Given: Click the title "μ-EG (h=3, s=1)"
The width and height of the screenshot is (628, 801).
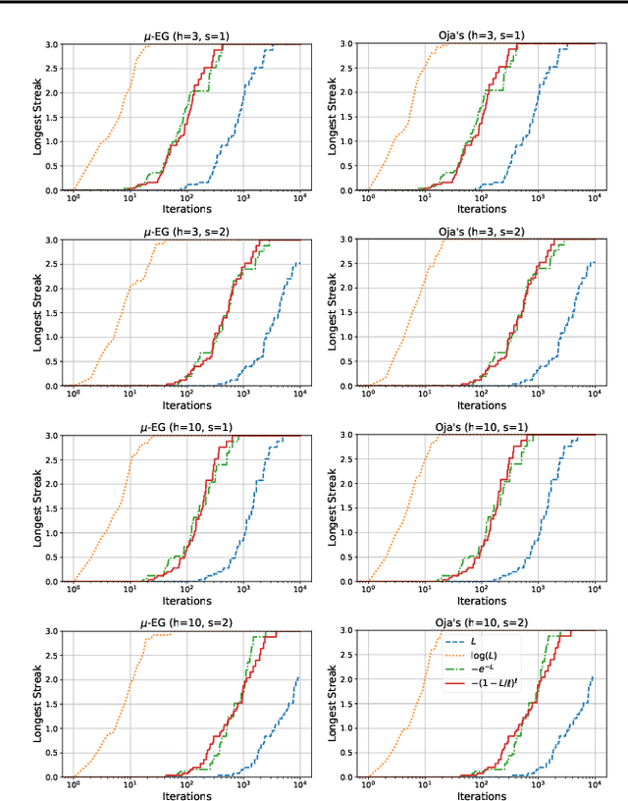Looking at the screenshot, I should pyautogui.click(x=186, y=35).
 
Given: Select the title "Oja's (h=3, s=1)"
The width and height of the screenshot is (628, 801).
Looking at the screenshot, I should pyautogui.click(x=481, y=35).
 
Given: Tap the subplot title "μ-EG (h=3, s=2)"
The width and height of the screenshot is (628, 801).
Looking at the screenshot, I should pyautogui.click(x=186, y=231).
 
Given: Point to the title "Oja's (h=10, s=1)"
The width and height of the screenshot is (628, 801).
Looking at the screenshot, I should pyautogui.click(x=481, y=427).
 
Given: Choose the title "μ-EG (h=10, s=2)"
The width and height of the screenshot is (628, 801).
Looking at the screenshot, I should pyautogui.click(x=186, y=622).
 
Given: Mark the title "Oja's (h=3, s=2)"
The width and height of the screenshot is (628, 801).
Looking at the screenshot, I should pyautogui.click(x=481, y=231).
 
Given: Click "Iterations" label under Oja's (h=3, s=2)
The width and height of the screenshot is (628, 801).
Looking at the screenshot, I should pyautogui.click(x=481, y=404).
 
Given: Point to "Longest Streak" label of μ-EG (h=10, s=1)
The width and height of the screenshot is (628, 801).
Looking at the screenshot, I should pyautogui.click(x=38, y=508).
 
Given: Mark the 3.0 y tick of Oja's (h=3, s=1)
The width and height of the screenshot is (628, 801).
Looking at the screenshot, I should pyautogui.click(x=351, y=44).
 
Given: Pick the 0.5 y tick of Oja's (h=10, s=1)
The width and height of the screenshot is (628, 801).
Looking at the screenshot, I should pyautogui.click(x=351, y=558).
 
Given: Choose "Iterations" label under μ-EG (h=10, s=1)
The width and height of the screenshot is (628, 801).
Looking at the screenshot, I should pyautogui.click(x=186, y=600).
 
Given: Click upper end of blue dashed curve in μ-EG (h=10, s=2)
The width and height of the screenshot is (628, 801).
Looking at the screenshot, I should pyautogui.click(x=298, y=677).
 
